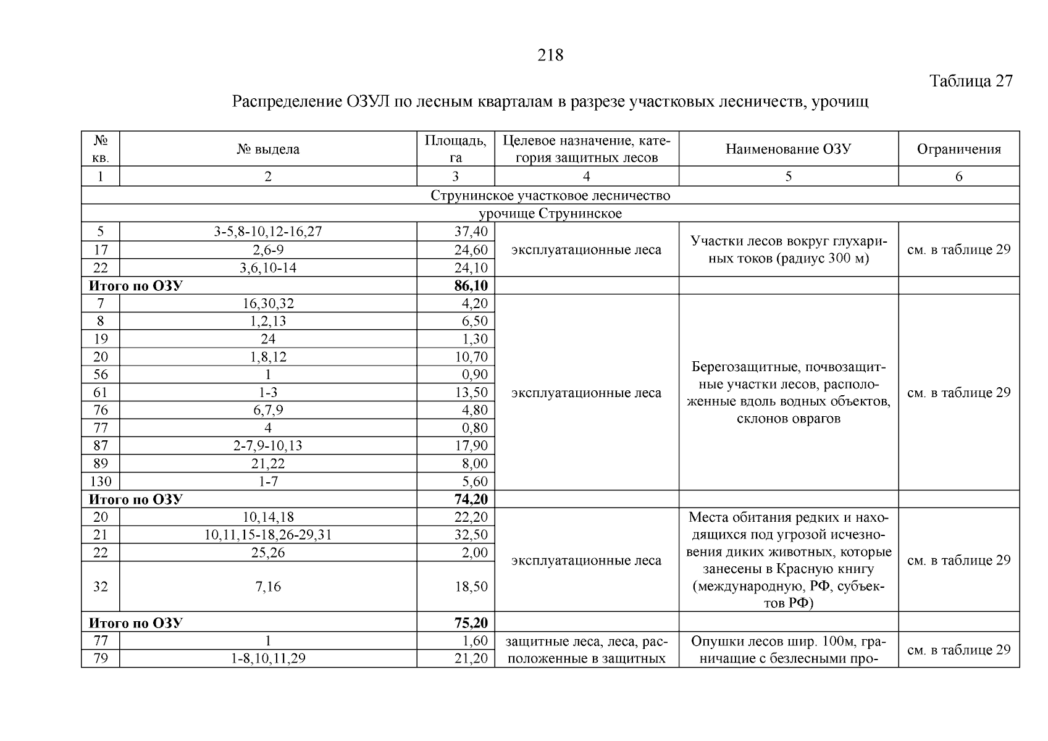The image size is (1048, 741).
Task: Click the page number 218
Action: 550,56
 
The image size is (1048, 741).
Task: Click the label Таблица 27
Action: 971,81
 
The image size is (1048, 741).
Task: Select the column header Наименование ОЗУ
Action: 788,149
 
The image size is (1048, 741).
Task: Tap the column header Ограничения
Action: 958,149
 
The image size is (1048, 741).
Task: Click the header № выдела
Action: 268,149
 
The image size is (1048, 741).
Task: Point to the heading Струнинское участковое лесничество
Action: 550,196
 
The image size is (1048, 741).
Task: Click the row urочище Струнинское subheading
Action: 550,214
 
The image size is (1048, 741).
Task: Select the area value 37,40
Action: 471,232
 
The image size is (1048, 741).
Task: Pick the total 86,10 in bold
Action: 471,286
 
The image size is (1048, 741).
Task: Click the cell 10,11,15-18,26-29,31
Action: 268,535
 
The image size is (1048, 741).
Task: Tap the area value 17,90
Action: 471,446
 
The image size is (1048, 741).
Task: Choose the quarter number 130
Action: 100,482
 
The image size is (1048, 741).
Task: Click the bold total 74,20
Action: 471,500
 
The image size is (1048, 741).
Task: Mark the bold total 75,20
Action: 471,623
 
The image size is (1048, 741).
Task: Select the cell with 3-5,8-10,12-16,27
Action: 268,232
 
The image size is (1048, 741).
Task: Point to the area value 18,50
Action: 471,587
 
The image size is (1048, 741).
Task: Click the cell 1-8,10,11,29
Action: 268,659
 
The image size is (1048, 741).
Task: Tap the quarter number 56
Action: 100,375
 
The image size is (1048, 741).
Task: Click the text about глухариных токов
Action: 788,249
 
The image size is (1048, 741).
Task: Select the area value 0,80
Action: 474,428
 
